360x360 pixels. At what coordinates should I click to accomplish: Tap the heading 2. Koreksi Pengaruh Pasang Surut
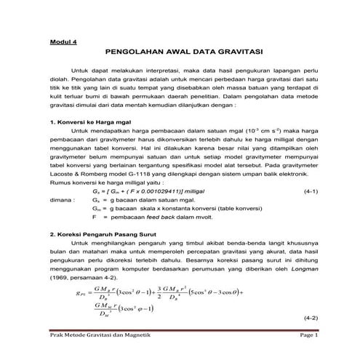tap(99, 235)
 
